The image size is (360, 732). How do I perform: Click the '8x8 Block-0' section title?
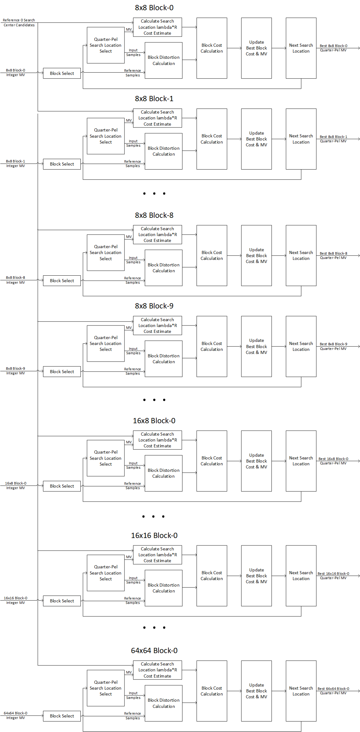tap(154, 8)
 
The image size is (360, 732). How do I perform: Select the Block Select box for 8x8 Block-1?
tap(62, 164)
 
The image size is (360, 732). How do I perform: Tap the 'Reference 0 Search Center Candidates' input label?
tap(19, 23)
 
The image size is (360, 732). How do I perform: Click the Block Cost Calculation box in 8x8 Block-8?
tap(212, 256)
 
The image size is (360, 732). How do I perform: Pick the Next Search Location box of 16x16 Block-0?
tap(301, 575)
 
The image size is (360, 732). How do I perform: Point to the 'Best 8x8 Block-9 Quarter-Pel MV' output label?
tap(333, 346)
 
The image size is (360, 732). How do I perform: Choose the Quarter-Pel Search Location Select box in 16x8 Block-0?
tap(106, 458)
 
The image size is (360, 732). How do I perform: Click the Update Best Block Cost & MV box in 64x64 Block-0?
tap(256, 691)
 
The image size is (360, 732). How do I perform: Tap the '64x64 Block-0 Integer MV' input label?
tap(15, 715)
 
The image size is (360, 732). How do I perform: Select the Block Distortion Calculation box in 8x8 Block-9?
tap(163, 359)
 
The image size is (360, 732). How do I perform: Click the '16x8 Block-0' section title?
tap(154, 421)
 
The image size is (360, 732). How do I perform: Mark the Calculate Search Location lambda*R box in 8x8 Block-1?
tap(157, 118)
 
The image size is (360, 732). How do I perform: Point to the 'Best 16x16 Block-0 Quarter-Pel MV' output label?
tap(333, 575)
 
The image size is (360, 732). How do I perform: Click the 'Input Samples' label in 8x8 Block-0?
tap(133, 53)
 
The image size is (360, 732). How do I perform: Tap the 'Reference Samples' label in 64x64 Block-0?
tap(132, 716)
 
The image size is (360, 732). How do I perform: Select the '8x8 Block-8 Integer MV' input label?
tap(15, 280)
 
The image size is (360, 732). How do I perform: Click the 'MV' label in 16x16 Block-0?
tap(129, 557)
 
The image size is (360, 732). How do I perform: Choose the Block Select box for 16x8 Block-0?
tap(62, 486)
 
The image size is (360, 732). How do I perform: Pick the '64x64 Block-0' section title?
tap(154, 651)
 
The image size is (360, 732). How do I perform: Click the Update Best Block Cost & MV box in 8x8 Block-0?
tap(256, 48)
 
